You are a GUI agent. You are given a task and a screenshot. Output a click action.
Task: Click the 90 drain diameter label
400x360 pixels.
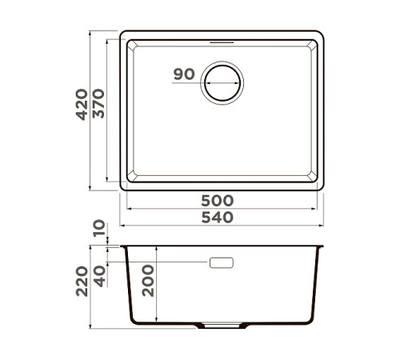(183, 74)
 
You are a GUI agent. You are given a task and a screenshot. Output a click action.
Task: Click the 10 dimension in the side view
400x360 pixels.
(99, 230)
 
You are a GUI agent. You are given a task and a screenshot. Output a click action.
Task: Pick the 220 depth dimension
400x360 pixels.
(82, 281)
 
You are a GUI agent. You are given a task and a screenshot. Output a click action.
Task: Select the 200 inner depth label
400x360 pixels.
(148, 281)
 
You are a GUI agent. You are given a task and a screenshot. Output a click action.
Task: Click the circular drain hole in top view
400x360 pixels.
(222, 82)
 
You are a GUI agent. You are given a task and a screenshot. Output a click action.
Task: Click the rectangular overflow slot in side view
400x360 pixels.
(222, 262)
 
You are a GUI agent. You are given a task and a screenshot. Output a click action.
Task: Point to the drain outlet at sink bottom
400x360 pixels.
(222, 326)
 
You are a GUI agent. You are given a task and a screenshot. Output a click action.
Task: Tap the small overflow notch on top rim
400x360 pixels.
(222, 38)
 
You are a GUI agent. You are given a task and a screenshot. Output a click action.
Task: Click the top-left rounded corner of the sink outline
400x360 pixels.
(123, 35)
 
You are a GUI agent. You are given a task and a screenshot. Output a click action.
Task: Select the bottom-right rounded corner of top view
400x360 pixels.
(320, 187)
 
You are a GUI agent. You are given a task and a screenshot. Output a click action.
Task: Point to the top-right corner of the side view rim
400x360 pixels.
(323, 246)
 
